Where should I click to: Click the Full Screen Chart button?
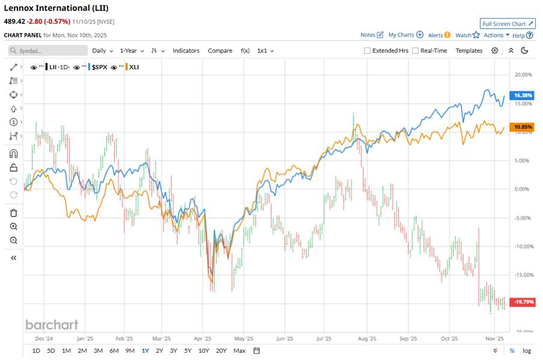[x=508, y=23]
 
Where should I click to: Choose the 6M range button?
[x=114, y=350]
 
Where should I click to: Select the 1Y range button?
[x=145, y=350]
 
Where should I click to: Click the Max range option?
[x=239, y=350]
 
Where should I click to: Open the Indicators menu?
[x=186, y=51]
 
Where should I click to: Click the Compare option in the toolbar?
[x=220, y=51]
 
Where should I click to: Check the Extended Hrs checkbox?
[x=367, y=51]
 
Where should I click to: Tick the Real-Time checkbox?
[x=416, y=51]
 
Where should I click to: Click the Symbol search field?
[x=48, y=51]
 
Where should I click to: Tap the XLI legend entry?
[x=133, y=67]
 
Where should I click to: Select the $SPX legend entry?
[x=99, y=67]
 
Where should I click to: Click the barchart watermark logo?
[x=52, y=325]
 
